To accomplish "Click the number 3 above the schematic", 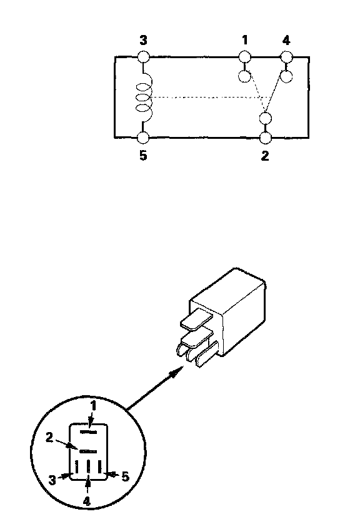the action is (x=143, y=41).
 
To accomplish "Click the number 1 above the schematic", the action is (x=245, y=40).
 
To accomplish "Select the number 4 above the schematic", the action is (x=286, y=41).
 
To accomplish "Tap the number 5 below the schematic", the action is (x=143, y=156).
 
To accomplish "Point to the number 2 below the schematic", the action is (x=265, y=156).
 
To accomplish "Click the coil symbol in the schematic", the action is (x=144, y=98).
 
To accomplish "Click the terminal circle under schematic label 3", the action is (x=143, y=57).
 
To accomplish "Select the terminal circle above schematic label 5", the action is (x=143, y=138).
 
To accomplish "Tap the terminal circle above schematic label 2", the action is (x=266, y=138).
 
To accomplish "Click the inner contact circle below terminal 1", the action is (x=245, y=76).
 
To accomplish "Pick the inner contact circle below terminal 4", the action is (x=286, y=76).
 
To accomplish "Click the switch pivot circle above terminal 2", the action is (x=266, y=119).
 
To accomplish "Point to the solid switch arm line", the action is (x=276, y=93).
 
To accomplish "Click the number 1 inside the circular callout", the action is (x=94, y=406).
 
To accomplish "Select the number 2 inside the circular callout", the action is (x=49, y=438).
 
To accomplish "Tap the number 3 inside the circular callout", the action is (x=52, y=480).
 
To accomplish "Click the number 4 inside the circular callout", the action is (x=86, y=501).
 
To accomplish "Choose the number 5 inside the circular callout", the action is (x=125, y=476).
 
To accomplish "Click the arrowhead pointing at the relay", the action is (x=177, y=371).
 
